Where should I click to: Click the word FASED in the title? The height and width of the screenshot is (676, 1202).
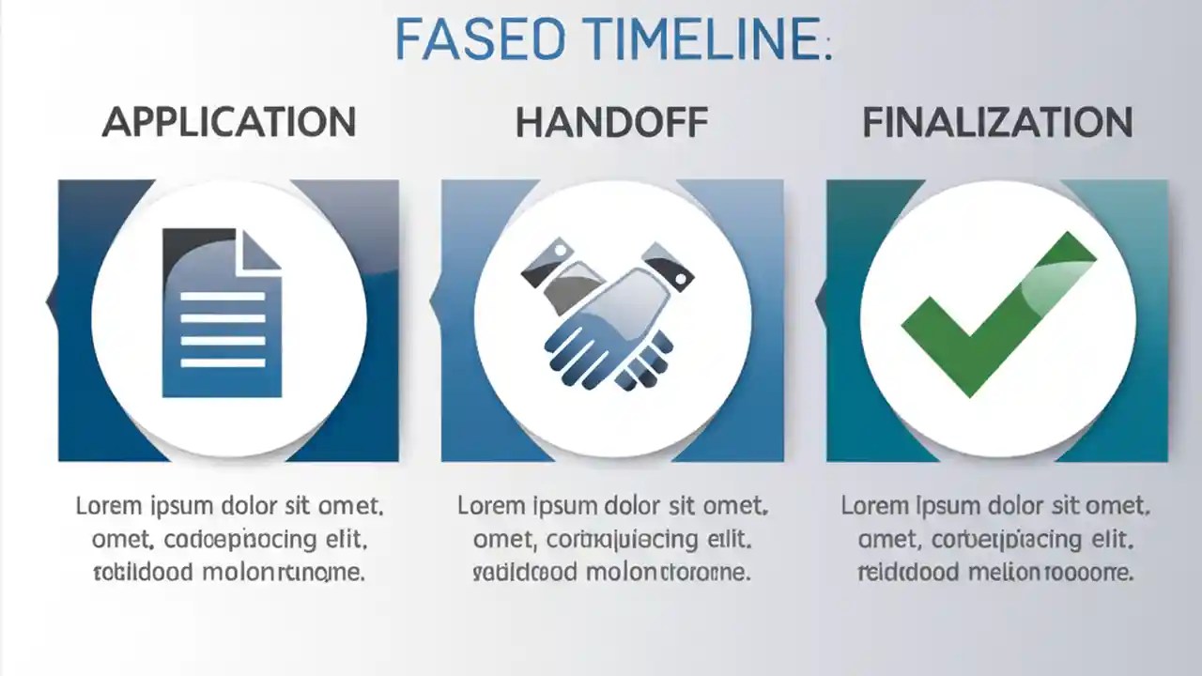tap(479, 39)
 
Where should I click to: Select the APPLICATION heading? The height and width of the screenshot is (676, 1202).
tap(229, 122)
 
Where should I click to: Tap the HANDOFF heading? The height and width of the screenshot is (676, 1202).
tap(611, 123)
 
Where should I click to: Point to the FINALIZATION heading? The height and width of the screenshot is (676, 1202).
tap(997, 123)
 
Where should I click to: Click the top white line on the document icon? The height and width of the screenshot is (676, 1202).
tap(223, 296)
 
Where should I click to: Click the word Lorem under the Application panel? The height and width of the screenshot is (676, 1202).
tap(107, 507)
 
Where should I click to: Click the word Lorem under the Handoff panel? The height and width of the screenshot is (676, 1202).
tap(489, 507)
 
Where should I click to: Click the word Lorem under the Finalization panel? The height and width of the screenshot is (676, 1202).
tap(872, 507)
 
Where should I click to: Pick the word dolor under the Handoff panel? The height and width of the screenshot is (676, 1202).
tap(650, 507)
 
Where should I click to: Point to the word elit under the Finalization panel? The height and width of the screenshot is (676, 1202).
tap(1107, 540)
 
